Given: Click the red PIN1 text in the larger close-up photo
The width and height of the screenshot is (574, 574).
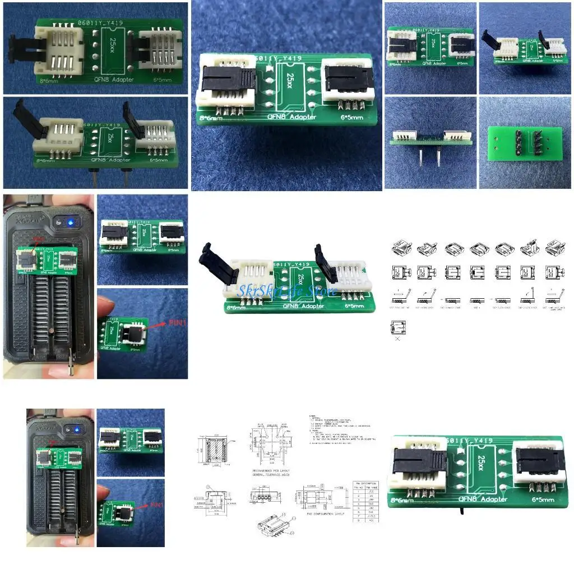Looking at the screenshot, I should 173,323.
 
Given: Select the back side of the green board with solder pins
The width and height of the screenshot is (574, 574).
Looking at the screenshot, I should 525,142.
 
